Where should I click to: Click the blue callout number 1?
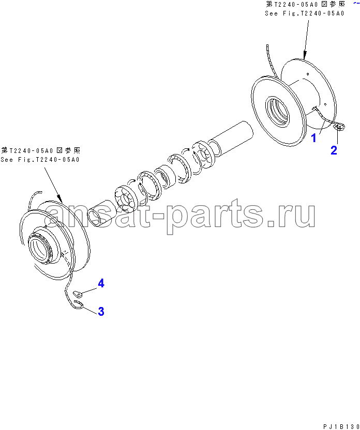[313, 137]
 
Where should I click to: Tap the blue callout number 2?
[334, 150]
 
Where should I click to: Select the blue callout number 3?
[101, 311]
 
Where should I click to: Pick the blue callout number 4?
[101, 283]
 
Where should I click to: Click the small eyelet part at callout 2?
[340, 127]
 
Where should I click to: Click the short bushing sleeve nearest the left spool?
[98, 213]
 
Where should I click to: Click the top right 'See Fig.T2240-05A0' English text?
[305, 13]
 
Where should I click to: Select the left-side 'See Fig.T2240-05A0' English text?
[40, 159]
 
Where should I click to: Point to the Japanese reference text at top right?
[305, 4]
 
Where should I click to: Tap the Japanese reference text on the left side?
[41, 150]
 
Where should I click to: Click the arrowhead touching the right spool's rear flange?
[304, 56]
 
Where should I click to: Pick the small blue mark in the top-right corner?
[356, 3]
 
